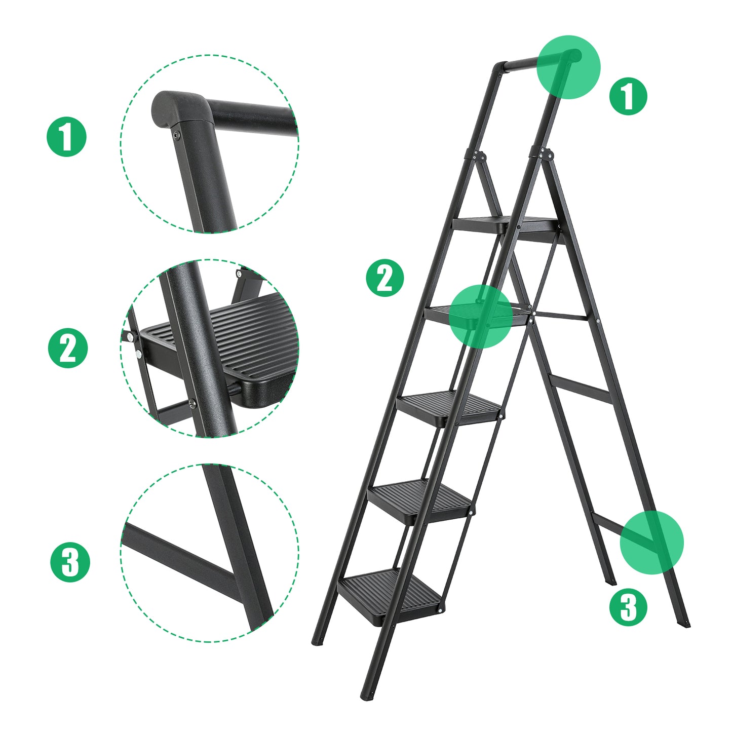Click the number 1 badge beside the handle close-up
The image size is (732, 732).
point(67,137)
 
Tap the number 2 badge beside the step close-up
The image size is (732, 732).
point(68,348)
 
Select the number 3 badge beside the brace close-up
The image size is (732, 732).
point(70,562)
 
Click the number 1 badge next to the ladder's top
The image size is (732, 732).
point(628,96)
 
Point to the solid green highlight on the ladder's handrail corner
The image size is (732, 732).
point(568,67)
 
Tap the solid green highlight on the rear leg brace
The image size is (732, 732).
point(651,543)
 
